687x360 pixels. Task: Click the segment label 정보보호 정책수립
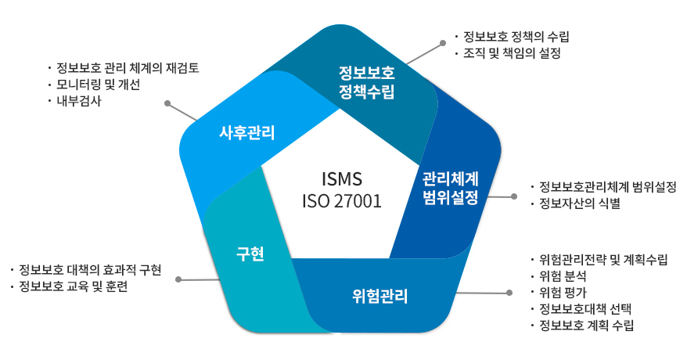point(367,82)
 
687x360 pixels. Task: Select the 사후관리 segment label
point(246,131)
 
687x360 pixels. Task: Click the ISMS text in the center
point(342,178)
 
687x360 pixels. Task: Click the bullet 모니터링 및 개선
point(98,85)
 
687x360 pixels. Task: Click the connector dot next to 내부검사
point(167,103)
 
